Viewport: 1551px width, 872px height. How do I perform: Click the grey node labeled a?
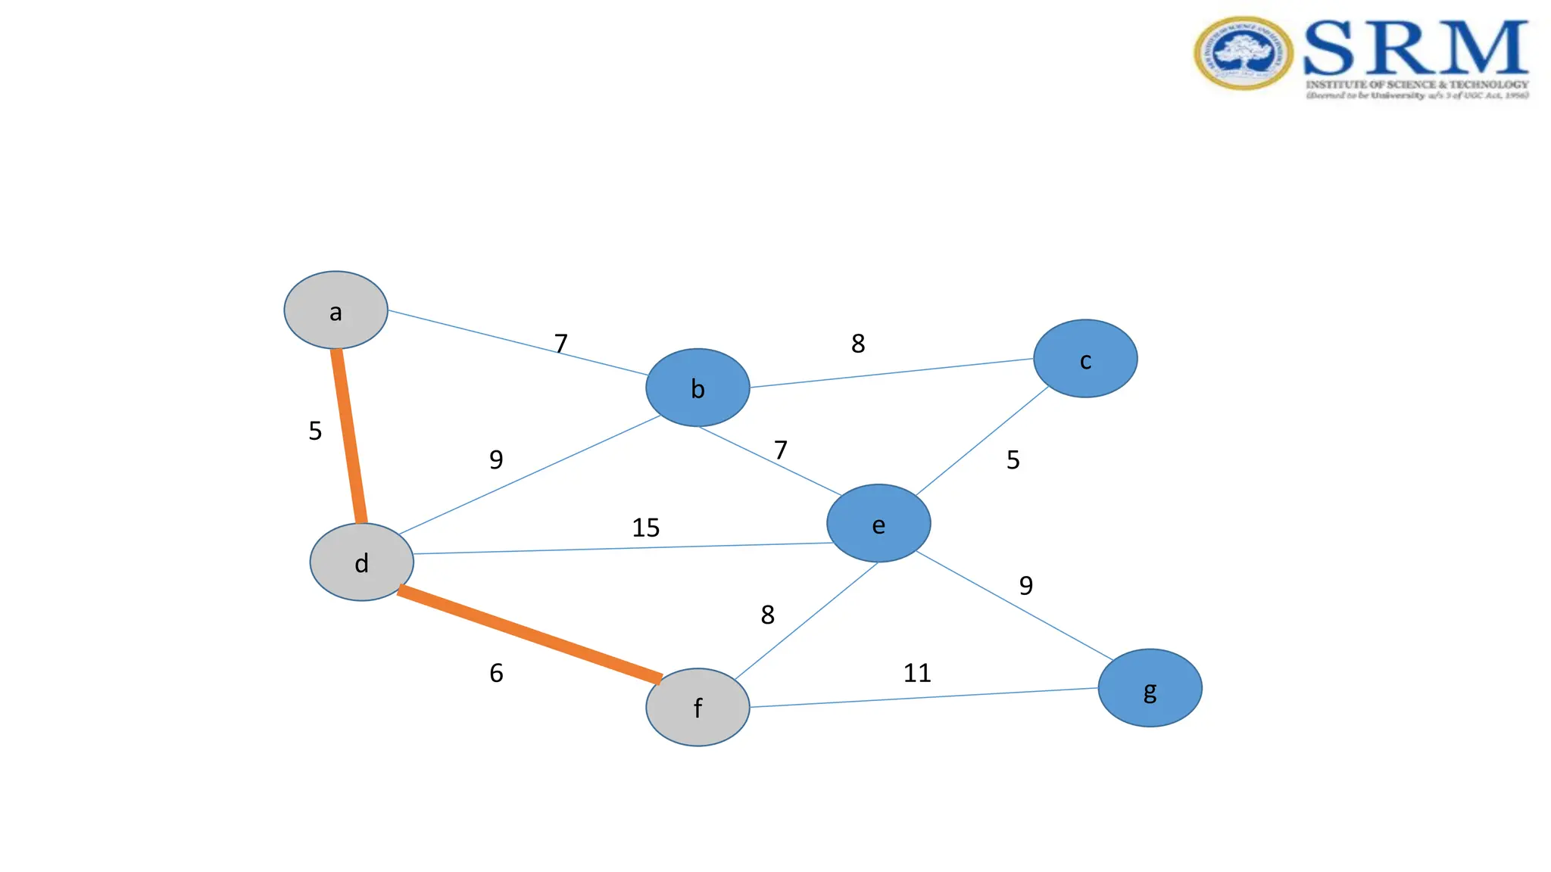coord(335,310)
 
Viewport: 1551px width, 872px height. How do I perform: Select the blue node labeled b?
coord(697,388)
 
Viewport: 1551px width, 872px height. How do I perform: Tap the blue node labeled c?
coord(1085,359)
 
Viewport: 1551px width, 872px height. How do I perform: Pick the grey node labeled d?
coord(362,562)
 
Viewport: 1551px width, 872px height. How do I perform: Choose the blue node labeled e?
coord(878,523)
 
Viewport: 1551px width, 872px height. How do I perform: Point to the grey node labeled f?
coord(697,707)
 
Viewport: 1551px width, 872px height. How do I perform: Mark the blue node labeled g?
coord(1150,688)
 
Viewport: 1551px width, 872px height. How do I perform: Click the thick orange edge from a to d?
coord(349,435)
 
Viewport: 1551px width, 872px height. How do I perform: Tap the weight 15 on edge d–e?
coord(646,528)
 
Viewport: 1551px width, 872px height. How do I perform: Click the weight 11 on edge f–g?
coord(917,673)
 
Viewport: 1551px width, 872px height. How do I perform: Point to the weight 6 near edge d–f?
coord(496,673)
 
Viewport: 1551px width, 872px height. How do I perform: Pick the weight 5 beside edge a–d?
coord(315,431)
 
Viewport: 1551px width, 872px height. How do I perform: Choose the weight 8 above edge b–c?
coord(858,344)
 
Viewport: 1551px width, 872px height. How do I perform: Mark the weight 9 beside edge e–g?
coord(1026,585)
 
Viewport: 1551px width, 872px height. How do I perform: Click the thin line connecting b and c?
coord(891,373)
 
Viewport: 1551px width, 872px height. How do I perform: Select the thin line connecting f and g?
coord(924,698)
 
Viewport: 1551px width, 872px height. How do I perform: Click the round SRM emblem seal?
coord(1244,53)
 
